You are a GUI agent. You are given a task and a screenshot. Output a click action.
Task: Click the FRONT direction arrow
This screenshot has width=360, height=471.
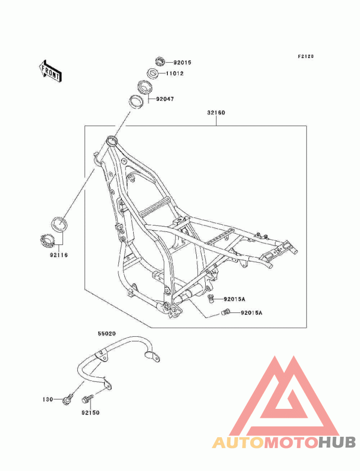[50, 71]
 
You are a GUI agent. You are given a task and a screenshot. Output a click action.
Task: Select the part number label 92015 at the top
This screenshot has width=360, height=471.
[182, 63]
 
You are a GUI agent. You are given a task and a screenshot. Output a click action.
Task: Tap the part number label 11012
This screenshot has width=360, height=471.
[175, 73]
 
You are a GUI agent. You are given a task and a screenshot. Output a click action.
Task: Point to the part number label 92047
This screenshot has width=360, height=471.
[165, 99]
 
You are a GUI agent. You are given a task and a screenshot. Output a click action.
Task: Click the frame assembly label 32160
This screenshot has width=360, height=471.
[216, 113]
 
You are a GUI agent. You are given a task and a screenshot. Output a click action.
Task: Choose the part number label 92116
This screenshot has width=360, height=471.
[59, 255]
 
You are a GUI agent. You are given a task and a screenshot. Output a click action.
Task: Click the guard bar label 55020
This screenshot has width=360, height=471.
[107, 334]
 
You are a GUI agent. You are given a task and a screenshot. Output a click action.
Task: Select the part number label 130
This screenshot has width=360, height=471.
[47, 399]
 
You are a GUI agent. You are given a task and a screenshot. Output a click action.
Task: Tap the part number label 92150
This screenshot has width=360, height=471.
[90, 413]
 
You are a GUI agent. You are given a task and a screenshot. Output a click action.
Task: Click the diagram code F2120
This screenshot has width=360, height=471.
[306, 56]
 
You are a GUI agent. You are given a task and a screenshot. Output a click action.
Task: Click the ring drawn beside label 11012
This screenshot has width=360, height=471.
[153, 73]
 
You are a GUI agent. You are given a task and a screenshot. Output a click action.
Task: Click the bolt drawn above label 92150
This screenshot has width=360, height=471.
[87, 399]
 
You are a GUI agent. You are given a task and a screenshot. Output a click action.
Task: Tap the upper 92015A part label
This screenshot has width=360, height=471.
[234, 299]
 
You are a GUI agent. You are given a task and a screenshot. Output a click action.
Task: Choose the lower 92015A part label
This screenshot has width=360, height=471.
[251, 313]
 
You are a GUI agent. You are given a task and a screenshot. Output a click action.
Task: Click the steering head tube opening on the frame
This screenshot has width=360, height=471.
[112, 140]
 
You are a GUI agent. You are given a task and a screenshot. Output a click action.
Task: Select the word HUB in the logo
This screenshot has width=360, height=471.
[337, 443]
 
